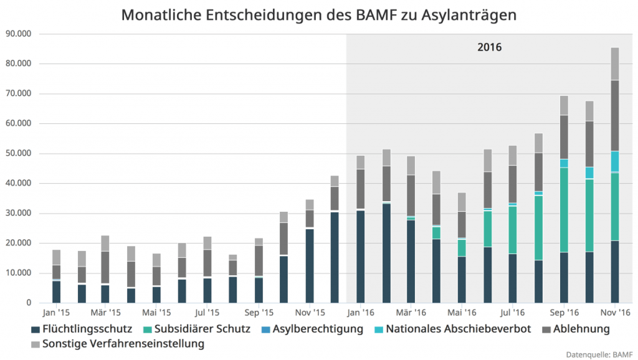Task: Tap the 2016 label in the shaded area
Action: coord(490,47)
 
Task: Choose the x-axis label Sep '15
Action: coord(259,312)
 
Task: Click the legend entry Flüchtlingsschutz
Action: coord(82,329)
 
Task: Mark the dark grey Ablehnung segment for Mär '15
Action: coord(105,267)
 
